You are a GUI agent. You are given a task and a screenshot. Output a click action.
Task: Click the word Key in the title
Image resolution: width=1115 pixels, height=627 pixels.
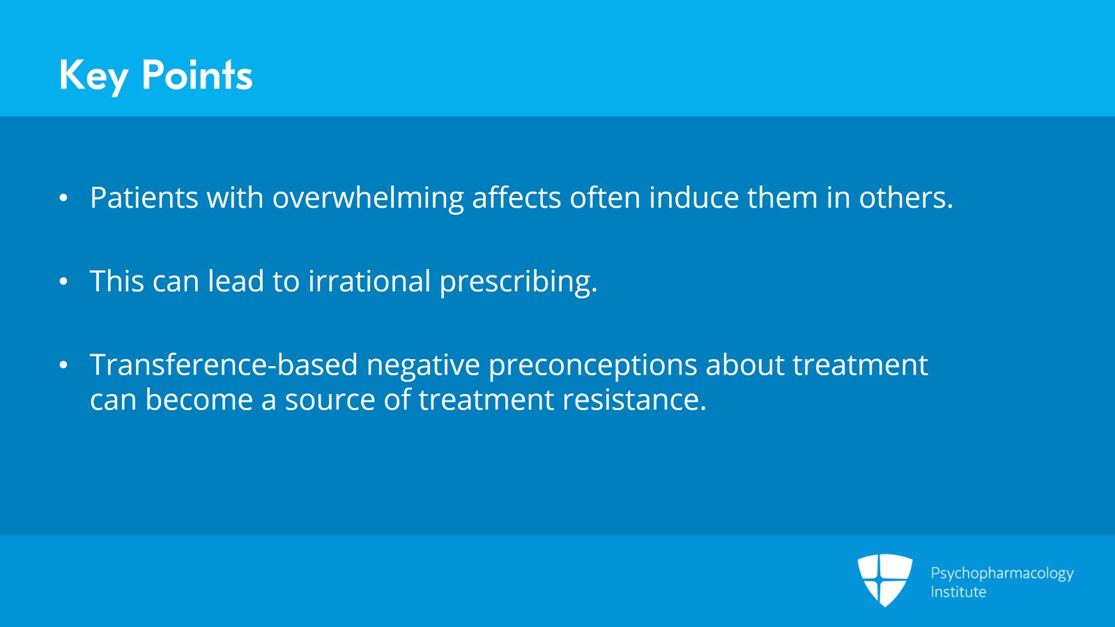(x=93, y=76)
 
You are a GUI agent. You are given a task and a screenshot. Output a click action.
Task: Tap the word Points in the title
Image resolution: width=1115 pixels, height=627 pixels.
(x=197, y=75)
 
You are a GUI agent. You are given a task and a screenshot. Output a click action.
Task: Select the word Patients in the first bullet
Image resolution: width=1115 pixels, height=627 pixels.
(x=144, y=197)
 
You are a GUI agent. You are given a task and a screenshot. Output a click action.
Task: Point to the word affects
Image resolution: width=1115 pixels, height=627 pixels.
(x=516, y=197)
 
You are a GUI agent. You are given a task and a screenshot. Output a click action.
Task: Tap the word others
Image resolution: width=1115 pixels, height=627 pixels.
(x=905, y=197)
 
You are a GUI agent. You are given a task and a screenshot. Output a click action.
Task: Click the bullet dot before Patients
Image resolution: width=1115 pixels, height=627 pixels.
(x=63, y=198)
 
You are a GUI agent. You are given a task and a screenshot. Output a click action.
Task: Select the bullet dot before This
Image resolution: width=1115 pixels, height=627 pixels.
(x=63, y=281)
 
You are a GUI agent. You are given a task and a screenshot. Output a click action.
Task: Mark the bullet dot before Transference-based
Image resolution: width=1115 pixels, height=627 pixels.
(x=63, y=365)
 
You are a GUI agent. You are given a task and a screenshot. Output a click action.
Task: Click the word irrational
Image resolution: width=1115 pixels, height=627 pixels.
(x=369, y=280)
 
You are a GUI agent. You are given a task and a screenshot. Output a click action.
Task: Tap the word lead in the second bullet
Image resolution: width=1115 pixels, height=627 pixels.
(x=236, y=280)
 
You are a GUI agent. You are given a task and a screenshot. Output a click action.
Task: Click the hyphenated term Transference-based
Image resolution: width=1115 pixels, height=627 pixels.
(x=224, y=364)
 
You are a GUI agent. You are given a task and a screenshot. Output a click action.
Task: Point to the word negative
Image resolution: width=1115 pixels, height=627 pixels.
(x=423, y=365)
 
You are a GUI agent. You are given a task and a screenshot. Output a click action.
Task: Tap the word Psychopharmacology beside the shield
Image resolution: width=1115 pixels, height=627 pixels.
(x=1002, y=574)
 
